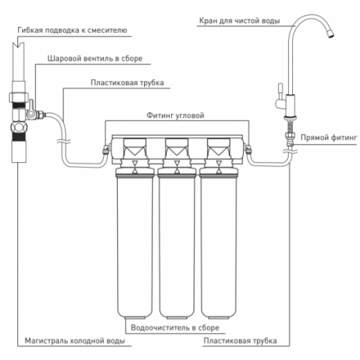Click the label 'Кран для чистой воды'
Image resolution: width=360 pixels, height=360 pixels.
tap(240, 21)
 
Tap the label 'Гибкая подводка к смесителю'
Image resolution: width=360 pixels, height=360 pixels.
tap(72, 30)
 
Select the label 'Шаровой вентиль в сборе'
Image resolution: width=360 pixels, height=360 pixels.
tap(95, 59)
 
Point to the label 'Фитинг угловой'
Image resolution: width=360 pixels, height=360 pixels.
tap(175, 115)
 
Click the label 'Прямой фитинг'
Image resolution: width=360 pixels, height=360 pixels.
tap(329, 137)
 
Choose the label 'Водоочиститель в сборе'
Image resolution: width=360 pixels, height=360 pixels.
tap(175, 328)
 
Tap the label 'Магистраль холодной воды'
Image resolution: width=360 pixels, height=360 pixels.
tap(74, 341)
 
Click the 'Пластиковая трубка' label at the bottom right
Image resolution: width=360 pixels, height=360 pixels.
tap(240, 341)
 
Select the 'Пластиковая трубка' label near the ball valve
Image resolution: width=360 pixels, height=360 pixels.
tap(127, 83)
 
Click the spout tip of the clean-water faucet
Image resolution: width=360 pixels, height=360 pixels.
tap(331, 34)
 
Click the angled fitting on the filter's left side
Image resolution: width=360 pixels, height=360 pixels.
tap(106, 149)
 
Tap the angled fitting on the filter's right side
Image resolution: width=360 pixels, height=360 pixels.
tap(248, 149)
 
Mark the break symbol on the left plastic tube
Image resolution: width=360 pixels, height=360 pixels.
tap(64, 142)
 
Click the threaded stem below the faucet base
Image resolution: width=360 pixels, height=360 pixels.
tap(289, 126)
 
